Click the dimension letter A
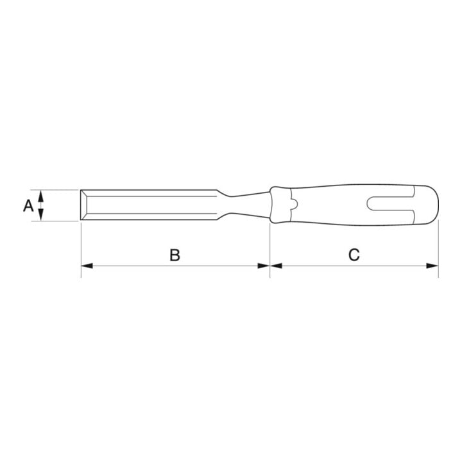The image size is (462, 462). pos(28,205)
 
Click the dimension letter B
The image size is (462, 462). pos(175,255)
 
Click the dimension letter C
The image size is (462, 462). pos(354,255)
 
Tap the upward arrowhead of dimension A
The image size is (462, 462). pos(41,196)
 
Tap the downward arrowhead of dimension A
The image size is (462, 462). pos(41,214)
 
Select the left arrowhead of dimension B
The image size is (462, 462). pos(87,266)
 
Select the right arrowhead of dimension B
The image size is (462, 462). pos(264,266)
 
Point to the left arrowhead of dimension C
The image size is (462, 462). pos(276,266)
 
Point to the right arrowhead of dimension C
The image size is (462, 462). pos(432,266)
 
